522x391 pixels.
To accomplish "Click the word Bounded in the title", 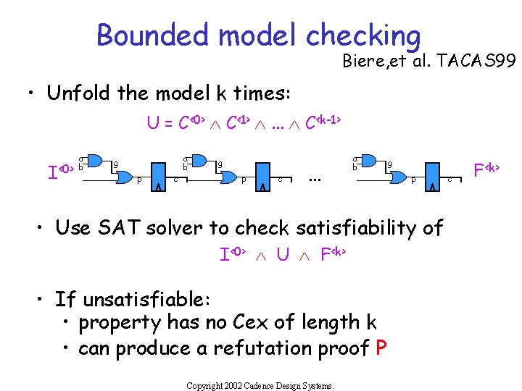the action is point(152,34).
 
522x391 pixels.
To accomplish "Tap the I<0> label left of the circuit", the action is point(60,172).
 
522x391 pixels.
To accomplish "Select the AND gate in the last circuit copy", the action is point(369,161).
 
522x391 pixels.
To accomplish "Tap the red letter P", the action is point(381,348).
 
